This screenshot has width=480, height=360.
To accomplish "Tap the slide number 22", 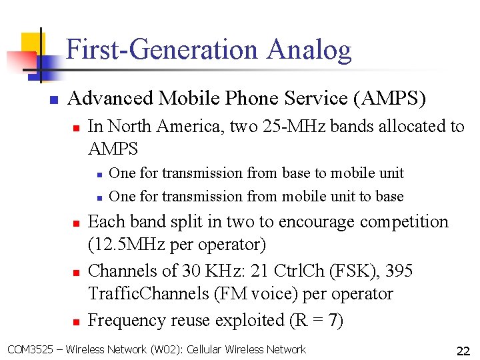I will point(463,351).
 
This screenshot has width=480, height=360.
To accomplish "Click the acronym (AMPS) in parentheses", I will point(392,99).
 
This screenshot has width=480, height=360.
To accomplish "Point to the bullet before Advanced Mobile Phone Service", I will point(53,100).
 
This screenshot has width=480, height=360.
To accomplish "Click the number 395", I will point(399,271).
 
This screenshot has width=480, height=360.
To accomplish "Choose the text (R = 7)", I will point(317,320).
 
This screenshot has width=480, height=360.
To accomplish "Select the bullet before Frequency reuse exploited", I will point(76,321).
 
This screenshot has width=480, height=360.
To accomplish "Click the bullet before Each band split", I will point(76,223).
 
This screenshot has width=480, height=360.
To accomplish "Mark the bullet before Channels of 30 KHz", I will point(76,272).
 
